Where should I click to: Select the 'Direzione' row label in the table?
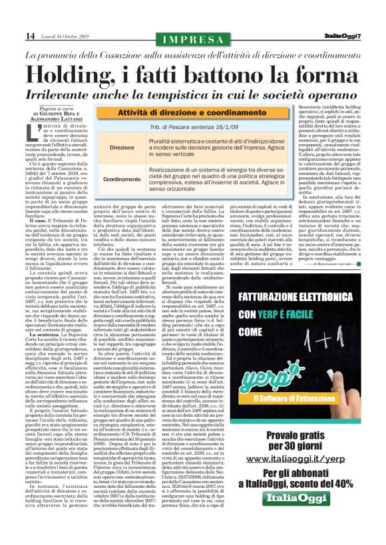click(122, 147)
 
